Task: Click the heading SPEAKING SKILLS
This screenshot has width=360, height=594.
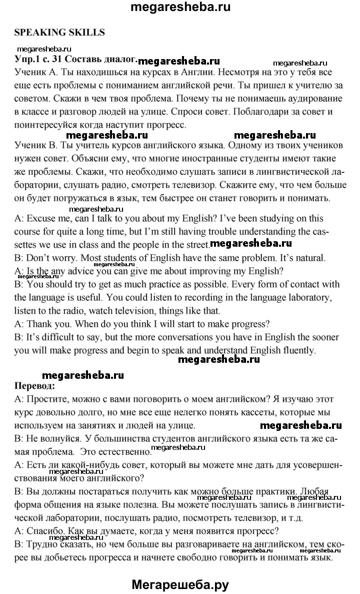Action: pyautogui.click(x=59, y=33)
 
